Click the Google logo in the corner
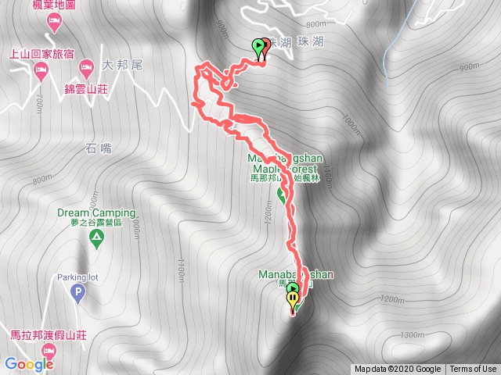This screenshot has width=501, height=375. [x=29, y=364]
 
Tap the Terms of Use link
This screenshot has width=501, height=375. [x=473, y=370]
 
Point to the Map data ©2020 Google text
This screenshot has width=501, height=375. [x=397, y=370]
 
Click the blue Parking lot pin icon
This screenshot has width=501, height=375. [x=77, y=294]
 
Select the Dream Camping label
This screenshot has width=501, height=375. [x=96, y=212]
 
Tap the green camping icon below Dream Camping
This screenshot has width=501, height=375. [x=96, y=243]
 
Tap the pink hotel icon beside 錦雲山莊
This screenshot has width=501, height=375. [x=86, y=64]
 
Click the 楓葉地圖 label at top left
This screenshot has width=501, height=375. [x=53, y=6]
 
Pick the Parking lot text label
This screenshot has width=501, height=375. [x=76, y=277]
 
